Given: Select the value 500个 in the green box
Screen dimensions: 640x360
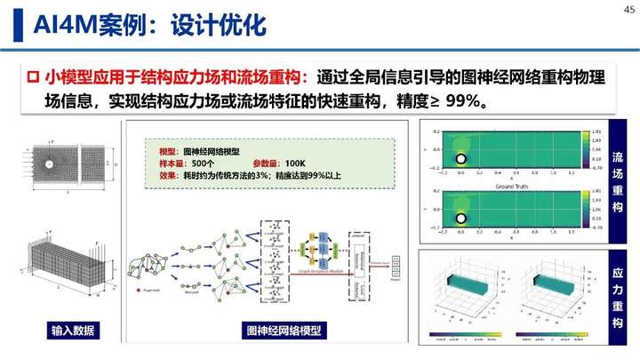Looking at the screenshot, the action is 203,164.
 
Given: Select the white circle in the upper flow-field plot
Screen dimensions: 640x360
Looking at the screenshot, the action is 462,159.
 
